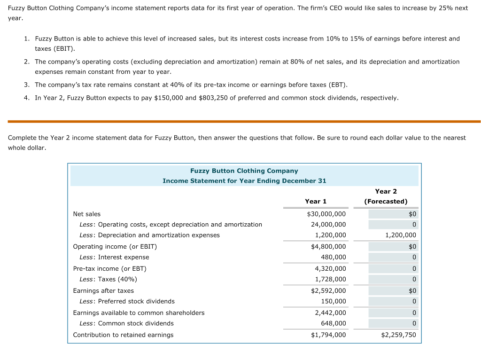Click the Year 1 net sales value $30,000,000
coord(326,214)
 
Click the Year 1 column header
coord(316,201)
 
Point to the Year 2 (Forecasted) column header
coord(386,196)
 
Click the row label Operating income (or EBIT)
coord(115,246)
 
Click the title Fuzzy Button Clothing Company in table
coord(244,171)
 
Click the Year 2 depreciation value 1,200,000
coord(400,235)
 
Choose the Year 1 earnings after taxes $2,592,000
coord(328,290)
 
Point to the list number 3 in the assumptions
coord(26,85)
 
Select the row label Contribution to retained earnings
coord(123,335)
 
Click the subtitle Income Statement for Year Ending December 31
coord(244,181)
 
